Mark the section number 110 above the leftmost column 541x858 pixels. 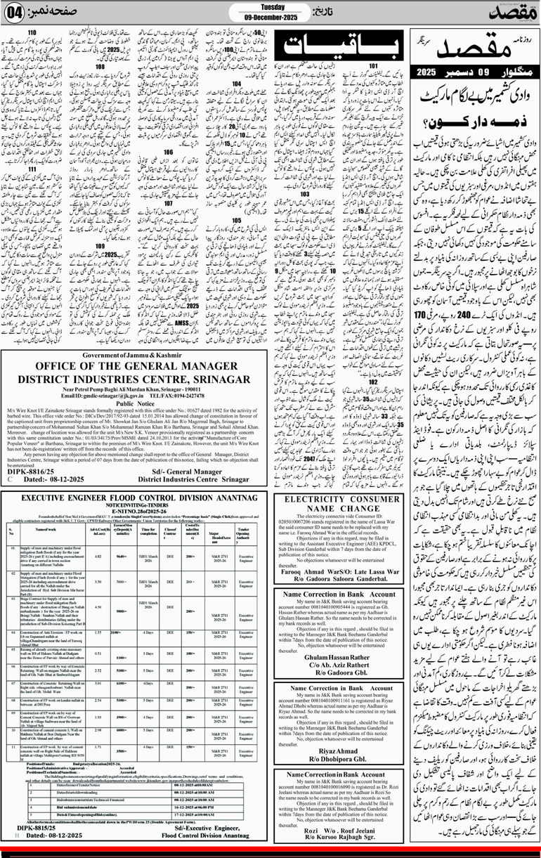(x=33, y=34)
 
